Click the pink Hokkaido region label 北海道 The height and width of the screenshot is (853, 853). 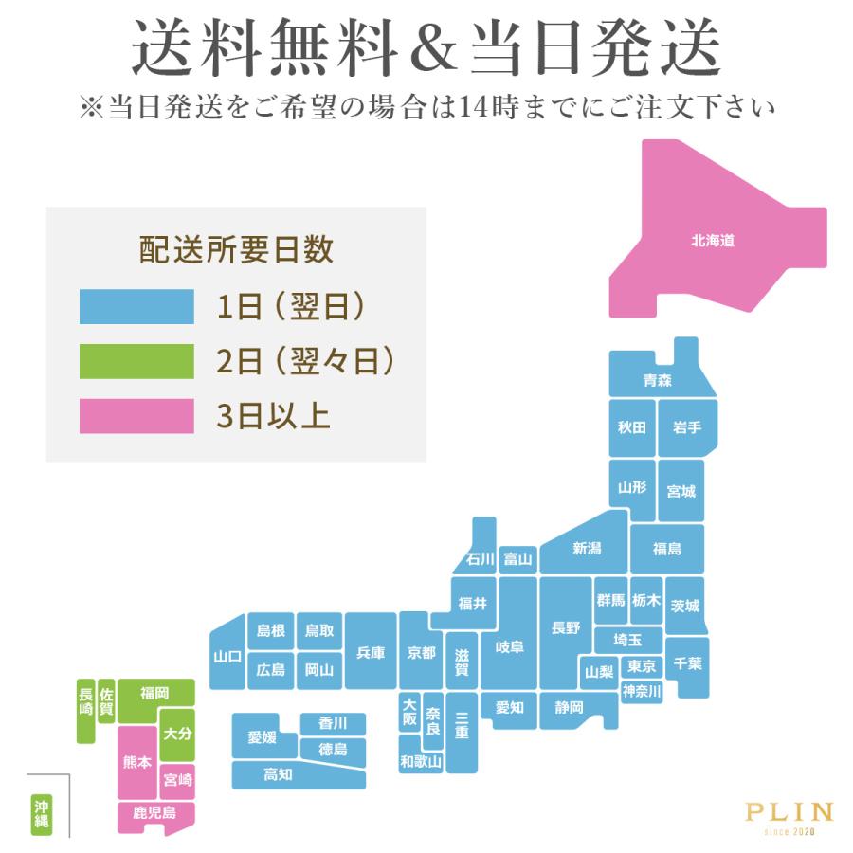tap(713, 241)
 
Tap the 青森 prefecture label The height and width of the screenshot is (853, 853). tap(657, 380)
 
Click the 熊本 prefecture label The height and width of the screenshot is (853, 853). tap(137, 761)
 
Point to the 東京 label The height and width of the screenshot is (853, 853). tap(642, 666)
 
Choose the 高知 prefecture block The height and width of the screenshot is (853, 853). tap(278, 774)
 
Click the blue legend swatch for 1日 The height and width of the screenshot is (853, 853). tap(136, 308)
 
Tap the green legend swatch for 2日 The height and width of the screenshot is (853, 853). tap(136, 361)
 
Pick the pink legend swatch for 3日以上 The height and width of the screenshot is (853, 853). tap(136, 415)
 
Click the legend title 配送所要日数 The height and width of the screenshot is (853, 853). tap(236, 250)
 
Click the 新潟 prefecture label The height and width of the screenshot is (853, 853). tap(587, 549)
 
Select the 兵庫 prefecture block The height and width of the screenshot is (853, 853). tap(370, 652)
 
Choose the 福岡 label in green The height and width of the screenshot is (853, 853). tap(154, 694)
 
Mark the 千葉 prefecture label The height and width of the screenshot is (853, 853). tap(688, 663)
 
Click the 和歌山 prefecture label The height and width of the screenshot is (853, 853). tap(420, 760)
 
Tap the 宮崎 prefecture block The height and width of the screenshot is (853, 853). tap(177, 780)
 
